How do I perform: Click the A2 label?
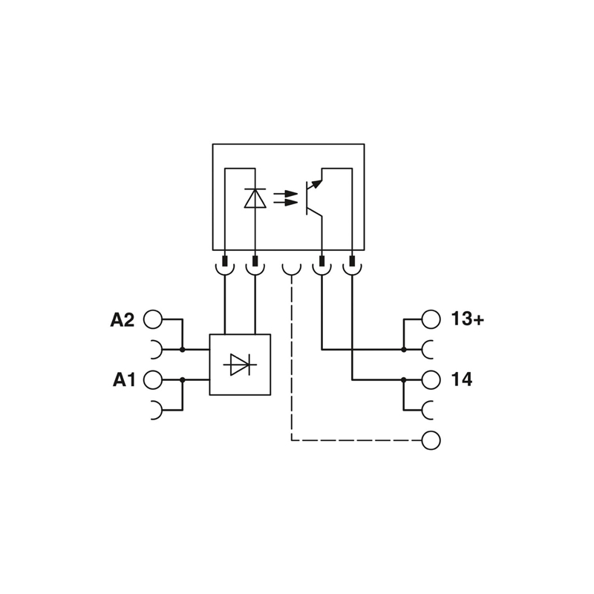(x=123, y=320)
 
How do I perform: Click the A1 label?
(x=124, y=380)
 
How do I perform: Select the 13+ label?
(x=467, y=319)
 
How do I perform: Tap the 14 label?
(x=461, y=380)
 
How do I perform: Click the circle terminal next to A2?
(x=152, y=319)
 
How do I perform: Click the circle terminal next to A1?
(x=152, y=379)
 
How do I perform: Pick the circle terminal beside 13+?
(x=431, y=319)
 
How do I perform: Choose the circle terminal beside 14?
(x=431, y=379)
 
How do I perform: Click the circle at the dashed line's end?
(x=431, y=440)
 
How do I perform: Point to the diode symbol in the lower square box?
(x=240, y=365)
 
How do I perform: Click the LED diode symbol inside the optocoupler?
(x=255, y=198)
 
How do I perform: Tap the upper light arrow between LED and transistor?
(x=285, y=194)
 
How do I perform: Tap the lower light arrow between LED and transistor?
(x=285, y=202)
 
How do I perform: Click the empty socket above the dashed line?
(x=292, y=268)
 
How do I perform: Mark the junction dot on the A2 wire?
(x=182, y=349)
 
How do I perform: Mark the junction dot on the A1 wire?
(x=182, y=379)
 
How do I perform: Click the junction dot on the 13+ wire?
(x=404, y=349)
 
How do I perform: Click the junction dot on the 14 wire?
(x=404, y=379)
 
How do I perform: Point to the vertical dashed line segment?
(x=292, y=356)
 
